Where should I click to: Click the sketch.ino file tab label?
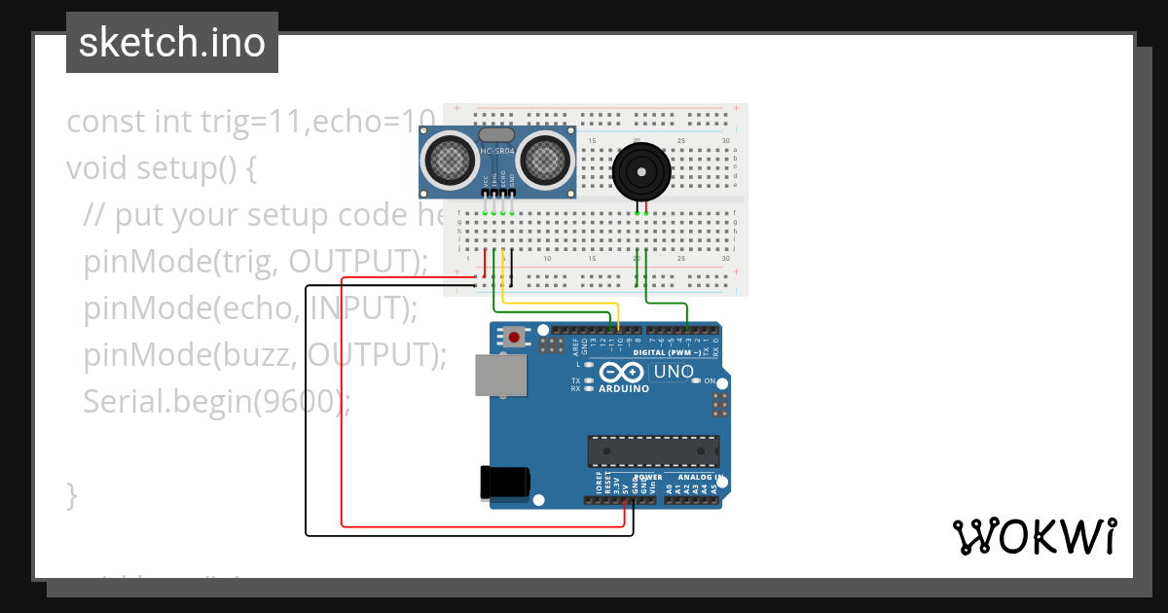pos(172,43)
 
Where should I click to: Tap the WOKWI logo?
pos(1033,536)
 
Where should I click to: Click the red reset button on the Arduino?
pos(513,338)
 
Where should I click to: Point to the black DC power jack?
pos(504,483)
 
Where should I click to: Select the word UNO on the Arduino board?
pos(673,372)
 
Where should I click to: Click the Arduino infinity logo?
pos(622,372)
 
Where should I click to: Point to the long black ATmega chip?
pos(653,451)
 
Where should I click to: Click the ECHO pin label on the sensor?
pos(503,180)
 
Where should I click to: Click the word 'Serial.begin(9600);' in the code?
pos(216,400)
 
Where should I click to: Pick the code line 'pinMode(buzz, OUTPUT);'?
pos(265,354)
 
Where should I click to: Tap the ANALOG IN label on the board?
pos(699,478)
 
